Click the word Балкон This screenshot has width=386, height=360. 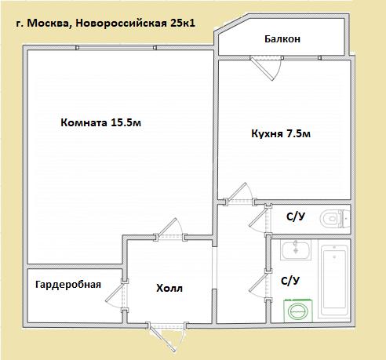coord(282,39)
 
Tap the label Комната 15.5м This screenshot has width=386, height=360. coord(100,122)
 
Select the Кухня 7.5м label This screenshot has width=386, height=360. coord(281,133)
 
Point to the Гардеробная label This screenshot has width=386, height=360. coord(68,285)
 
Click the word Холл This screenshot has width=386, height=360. coord(169,289)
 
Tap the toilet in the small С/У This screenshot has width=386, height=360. coord(334,219)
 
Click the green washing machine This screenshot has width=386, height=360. coord(298,311)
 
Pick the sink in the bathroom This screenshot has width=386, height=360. coord(296,250)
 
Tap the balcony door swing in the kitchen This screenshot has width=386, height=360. coord(265,68)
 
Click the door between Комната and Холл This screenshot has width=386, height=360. coord(169,228)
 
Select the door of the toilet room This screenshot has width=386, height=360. coord(259,220)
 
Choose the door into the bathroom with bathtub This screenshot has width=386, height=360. coord(259,285)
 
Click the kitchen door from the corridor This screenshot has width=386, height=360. coord(239,194)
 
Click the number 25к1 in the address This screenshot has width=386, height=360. coord(183,23)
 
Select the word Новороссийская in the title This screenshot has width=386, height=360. coord(122,23)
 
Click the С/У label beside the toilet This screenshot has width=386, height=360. coord(296,216)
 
